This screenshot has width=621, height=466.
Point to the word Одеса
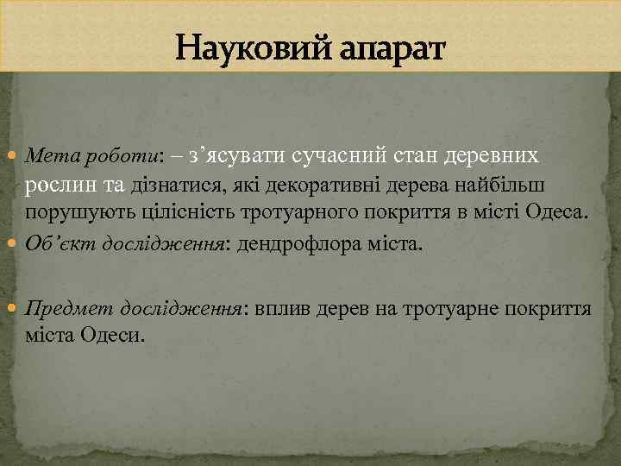[x=557, y=213]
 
